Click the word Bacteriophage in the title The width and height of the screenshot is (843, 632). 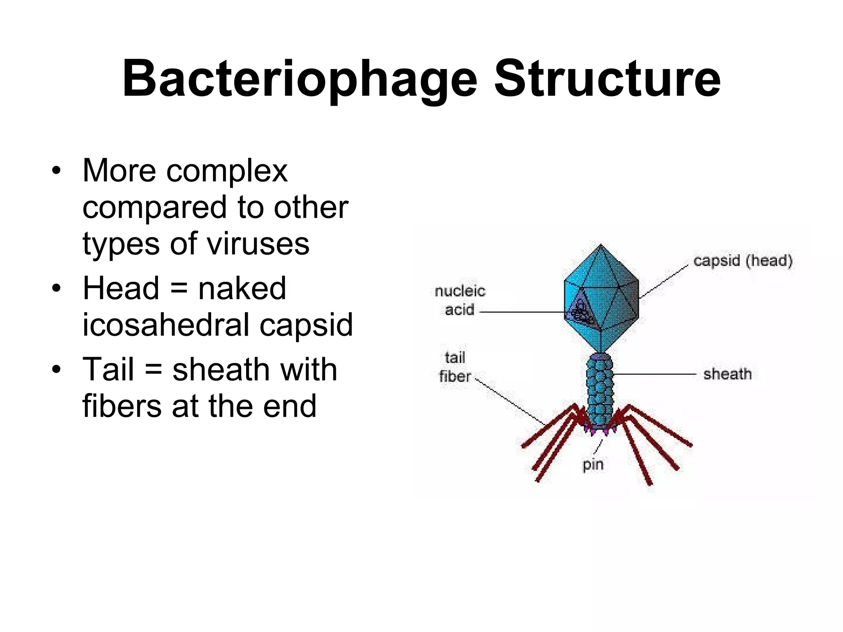pyautogui.click(x=299, y=79)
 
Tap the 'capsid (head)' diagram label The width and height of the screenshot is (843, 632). pyautogui.click(x=743, y=261)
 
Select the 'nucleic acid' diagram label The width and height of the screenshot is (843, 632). pyautogui.click(x=460, y=300)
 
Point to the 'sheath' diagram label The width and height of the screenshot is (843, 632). pyautogui.click(x=727, y=374)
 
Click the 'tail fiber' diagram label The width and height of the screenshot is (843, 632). pyautogui.click(x=455, y=367)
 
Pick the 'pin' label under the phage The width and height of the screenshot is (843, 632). pyautogui.click(x=593, y=465)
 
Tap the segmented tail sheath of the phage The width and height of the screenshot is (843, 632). pyautogui.click(x=600, y=391)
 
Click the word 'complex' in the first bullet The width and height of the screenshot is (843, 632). pyautogui.click(x=226, y=171)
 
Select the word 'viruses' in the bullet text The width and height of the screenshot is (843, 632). pyautogui.click(x=258, y=244)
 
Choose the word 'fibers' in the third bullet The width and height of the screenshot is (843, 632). pyautogui.click(x=122, y=406)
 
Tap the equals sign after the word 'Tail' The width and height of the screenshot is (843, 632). pyautogui.click(x=153, y=369)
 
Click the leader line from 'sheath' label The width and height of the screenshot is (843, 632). pyautogui.click(x=654, y=374)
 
